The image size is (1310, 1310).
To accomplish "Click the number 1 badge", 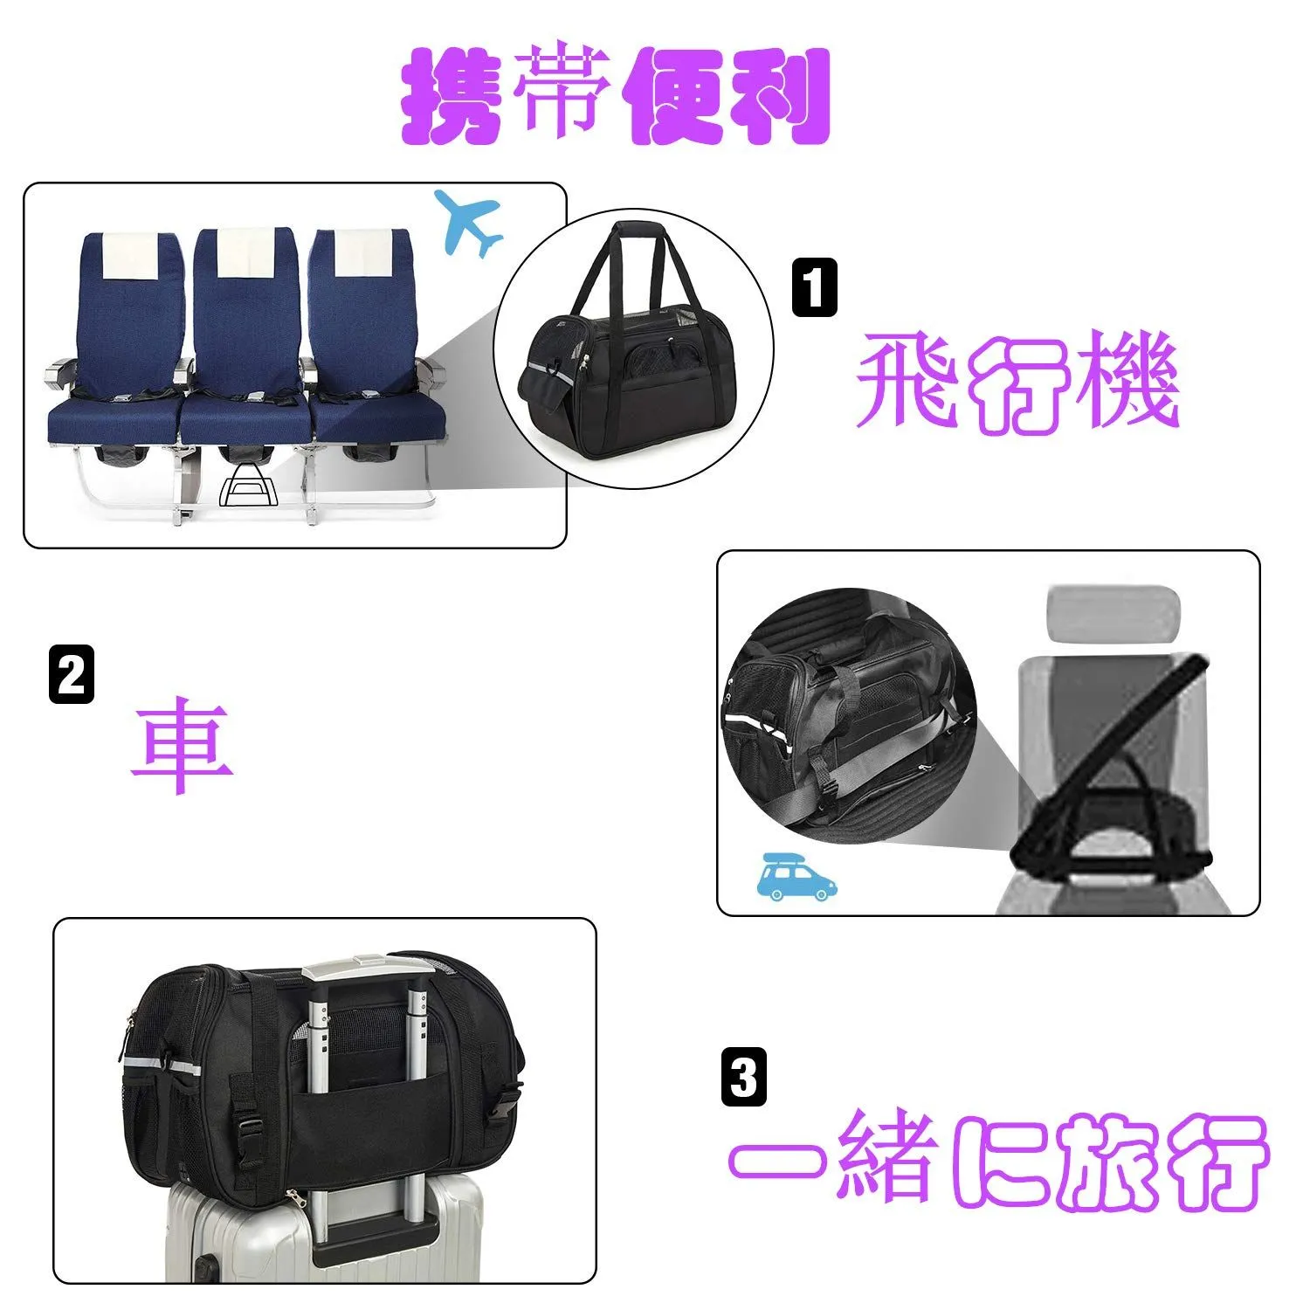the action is click(x=814, y=286).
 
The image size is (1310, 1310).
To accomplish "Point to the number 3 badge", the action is click(x=744, y=1077).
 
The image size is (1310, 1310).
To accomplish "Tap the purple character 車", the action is click(x=182, y=745).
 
